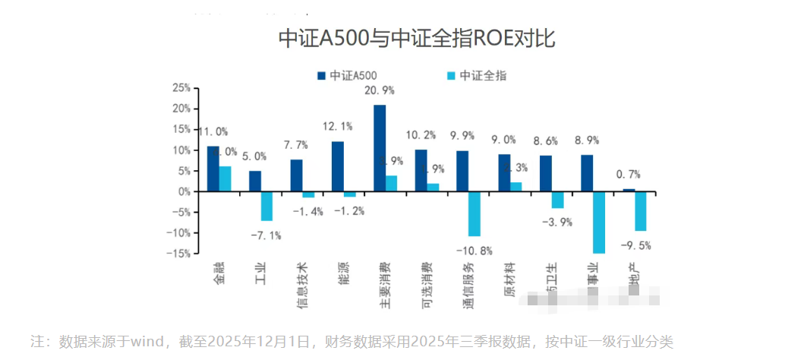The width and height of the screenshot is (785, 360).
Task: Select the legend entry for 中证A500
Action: [346, 76]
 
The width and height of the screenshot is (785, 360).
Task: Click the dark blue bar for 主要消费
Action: [380, 148]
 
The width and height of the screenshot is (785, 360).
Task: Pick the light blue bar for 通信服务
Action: [474, 214]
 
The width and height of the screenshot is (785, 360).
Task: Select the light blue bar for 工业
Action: [267, 206]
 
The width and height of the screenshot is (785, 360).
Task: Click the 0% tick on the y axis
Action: [184, 191]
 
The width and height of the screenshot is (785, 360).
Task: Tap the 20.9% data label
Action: [380, 90]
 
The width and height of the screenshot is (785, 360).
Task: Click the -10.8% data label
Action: [474, 250]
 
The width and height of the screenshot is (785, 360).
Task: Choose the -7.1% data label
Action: [266, 235]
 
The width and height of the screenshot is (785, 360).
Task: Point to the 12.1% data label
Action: [338, 126]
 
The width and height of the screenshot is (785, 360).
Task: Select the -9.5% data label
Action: [635, 245]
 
